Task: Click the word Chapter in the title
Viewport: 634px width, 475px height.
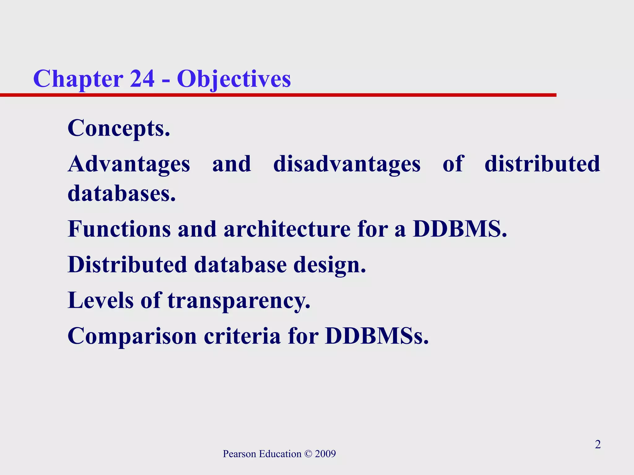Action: point(78,79)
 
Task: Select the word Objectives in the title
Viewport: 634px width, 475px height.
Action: point(234,79)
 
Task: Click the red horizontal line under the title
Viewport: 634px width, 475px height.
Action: point(279,95)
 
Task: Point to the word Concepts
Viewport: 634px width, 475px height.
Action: point(119,128)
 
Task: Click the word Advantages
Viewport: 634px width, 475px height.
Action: point(129,164)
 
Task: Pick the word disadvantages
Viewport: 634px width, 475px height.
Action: point(347,164)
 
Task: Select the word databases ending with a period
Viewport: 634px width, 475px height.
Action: point(122,194)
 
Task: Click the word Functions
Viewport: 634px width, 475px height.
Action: point(119,229)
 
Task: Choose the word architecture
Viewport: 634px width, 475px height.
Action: point(287,229)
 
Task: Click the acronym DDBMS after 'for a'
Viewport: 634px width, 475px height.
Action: point(460,229)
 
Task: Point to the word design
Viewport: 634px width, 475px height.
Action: point(329,265)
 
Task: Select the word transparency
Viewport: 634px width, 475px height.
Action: point(239,301)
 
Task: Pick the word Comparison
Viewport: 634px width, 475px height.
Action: point(132,336)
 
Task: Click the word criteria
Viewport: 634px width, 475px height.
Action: point(242,336)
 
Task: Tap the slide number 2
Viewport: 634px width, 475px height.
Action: point(598,444)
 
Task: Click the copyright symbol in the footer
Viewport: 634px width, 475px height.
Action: point(308,454)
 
